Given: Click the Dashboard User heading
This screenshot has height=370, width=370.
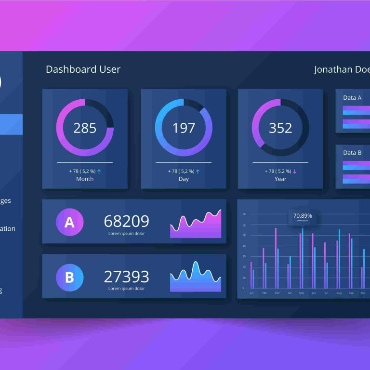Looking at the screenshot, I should coord(83,69).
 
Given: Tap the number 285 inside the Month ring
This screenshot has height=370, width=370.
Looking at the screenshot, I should coord(85,128).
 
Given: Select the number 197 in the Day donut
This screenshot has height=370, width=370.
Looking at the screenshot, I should coord(184,128).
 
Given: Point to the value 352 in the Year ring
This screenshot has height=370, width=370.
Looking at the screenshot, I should coord(280,128).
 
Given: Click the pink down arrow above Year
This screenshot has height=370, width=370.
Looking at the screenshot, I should coord(294,171).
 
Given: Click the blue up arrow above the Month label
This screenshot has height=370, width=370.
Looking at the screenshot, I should coord(99,171).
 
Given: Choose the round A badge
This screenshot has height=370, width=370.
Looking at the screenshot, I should coord(69,222).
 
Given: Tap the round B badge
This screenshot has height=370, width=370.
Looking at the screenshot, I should coord(69,277).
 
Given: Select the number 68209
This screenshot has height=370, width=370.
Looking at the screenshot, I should coord(126,222).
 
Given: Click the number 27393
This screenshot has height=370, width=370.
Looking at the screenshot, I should coord(126,277).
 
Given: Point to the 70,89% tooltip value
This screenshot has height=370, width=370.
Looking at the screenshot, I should coord(303,215).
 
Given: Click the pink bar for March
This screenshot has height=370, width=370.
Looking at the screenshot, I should coord(276,258).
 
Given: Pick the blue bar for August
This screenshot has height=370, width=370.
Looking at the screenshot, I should coord(339,259).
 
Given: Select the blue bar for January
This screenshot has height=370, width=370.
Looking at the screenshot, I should coord(253,278).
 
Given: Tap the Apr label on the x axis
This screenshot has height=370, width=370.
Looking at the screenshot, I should coord(290,293).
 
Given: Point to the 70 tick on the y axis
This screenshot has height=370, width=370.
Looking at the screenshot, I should coord(244,214).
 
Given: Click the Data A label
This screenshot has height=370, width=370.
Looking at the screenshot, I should coord(352,98).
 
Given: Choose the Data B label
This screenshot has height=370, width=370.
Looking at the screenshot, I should coord(352,153).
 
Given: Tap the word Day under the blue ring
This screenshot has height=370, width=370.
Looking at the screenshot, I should coord(184,179).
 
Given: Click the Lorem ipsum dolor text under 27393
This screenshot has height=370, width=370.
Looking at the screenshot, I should coord(126,289).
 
